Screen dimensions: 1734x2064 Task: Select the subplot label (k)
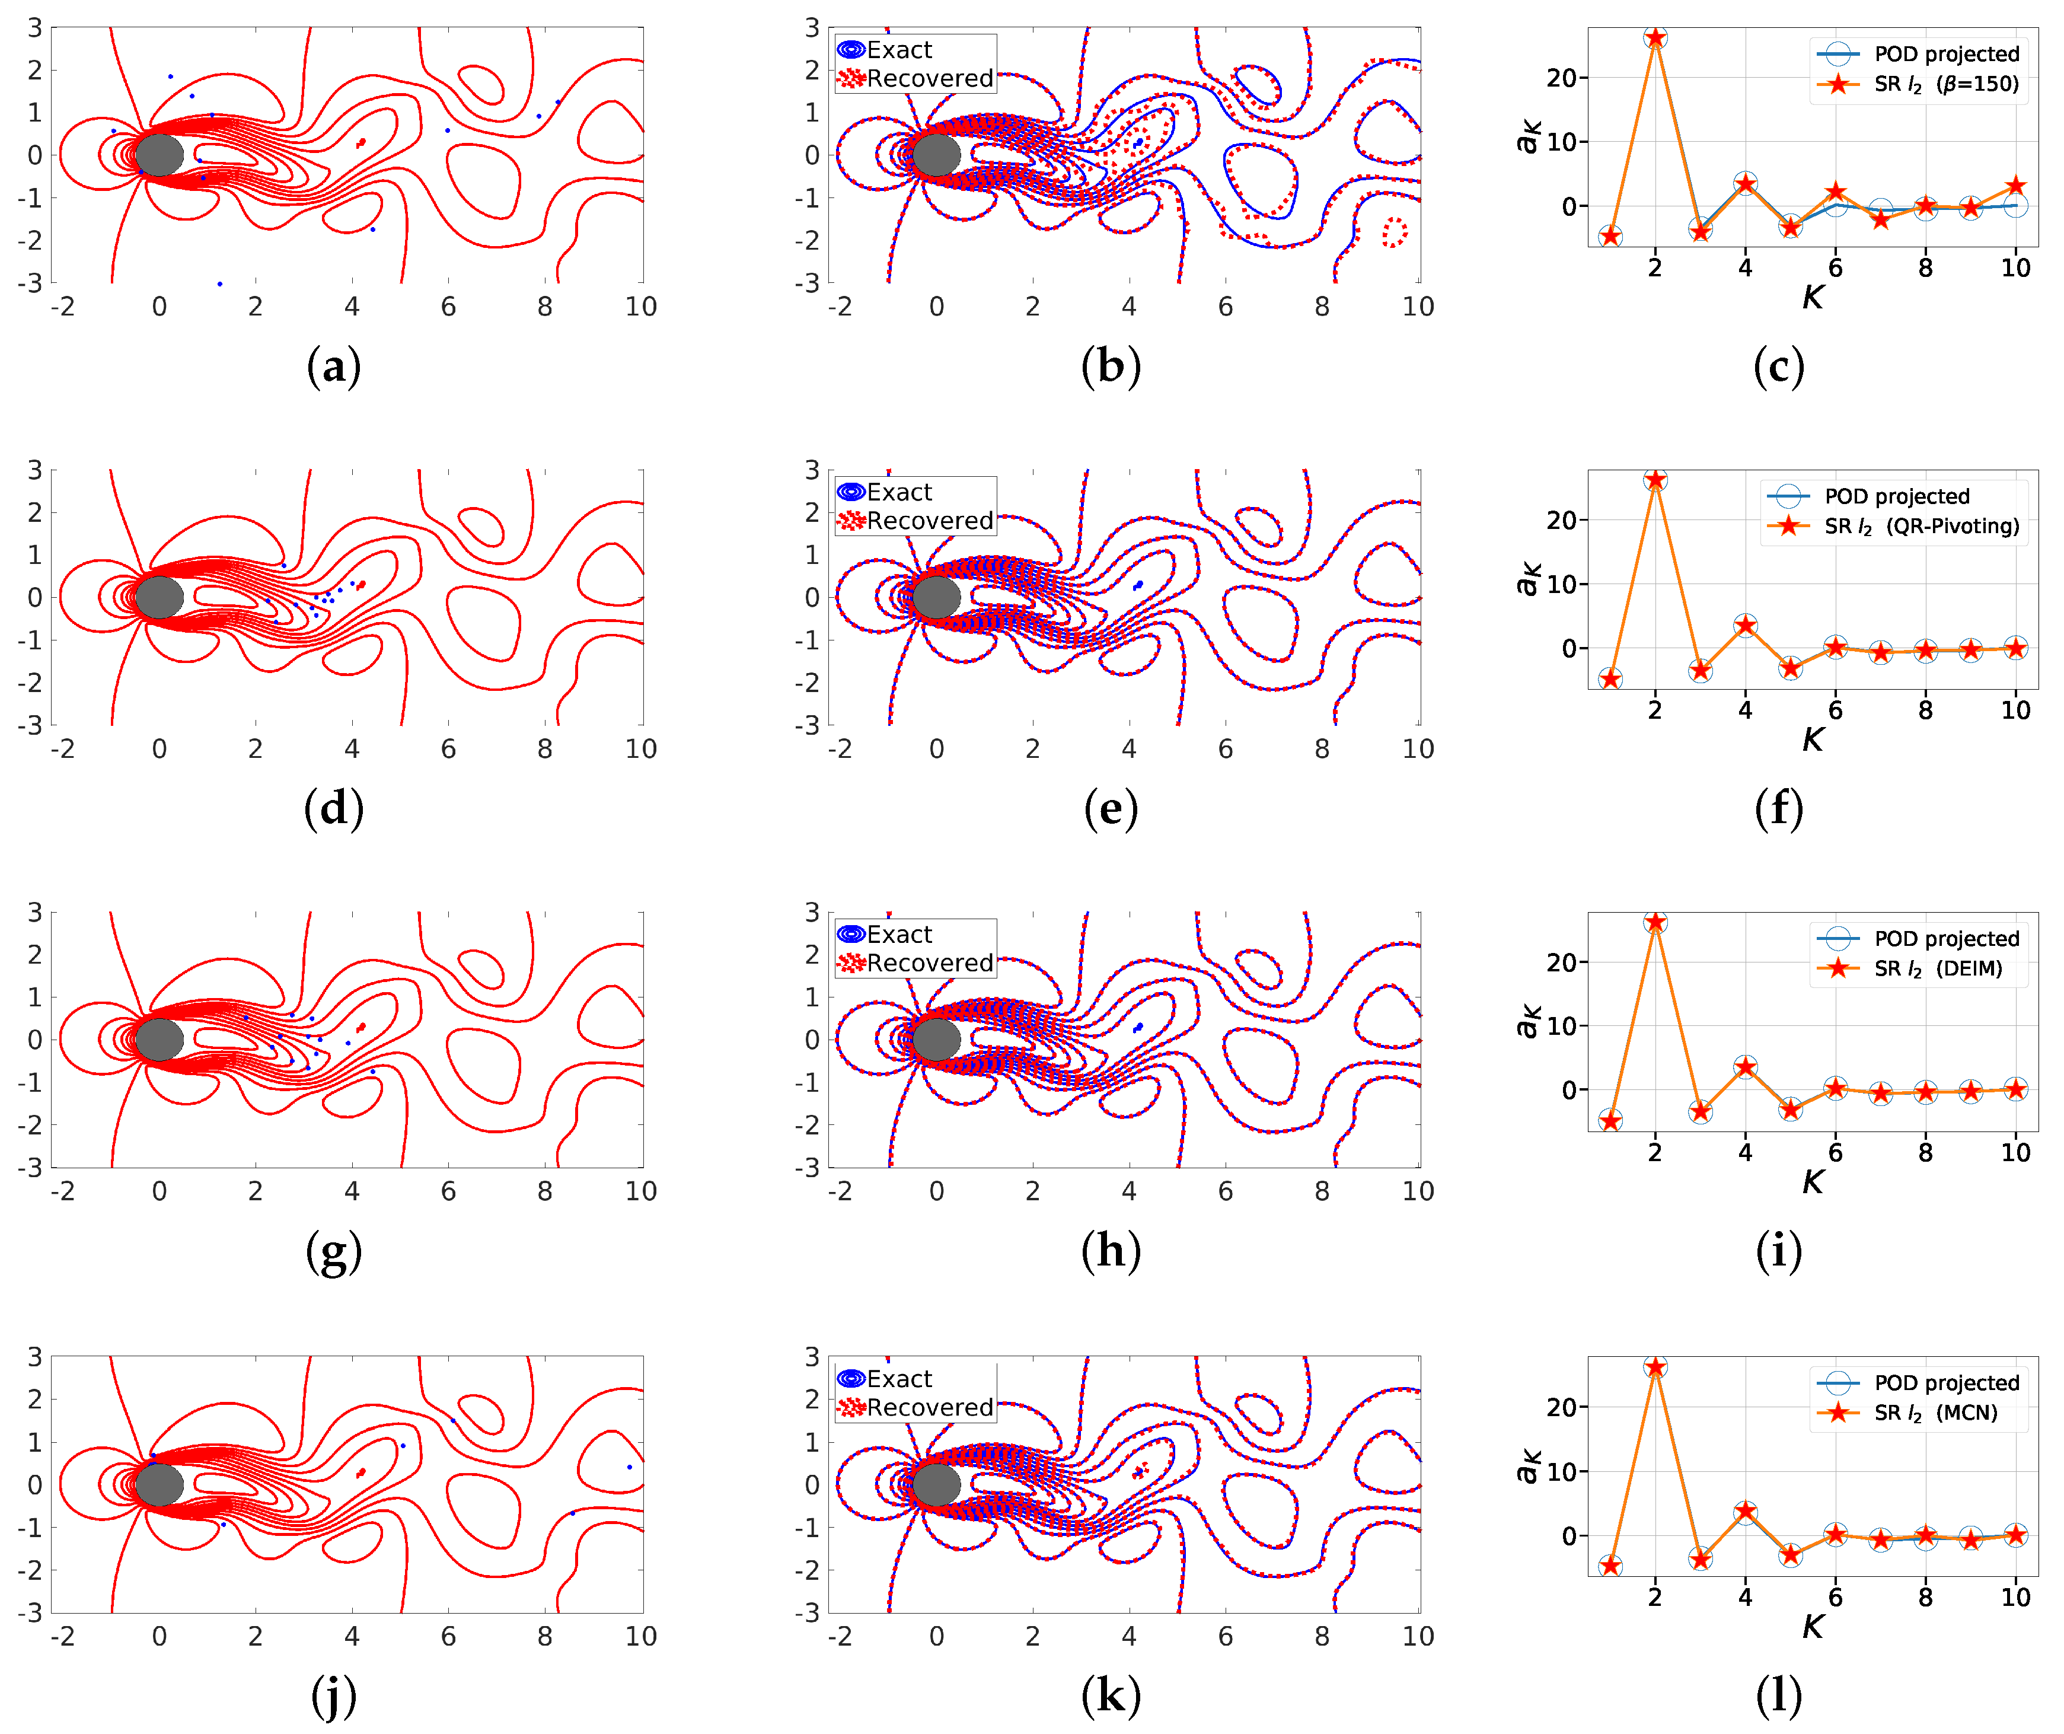1111,1695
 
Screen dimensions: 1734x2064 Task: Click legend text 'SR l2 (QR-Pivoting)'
1922,526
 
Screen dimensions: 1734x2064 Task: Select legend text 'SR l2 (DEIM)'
1937,968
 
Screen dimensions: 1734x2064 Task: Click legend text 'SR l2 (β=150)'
1946,84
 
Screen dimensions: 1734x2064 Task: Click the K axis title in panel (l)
1813,1627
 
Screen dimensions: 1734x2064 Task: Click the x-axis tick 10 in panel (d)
641,749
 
